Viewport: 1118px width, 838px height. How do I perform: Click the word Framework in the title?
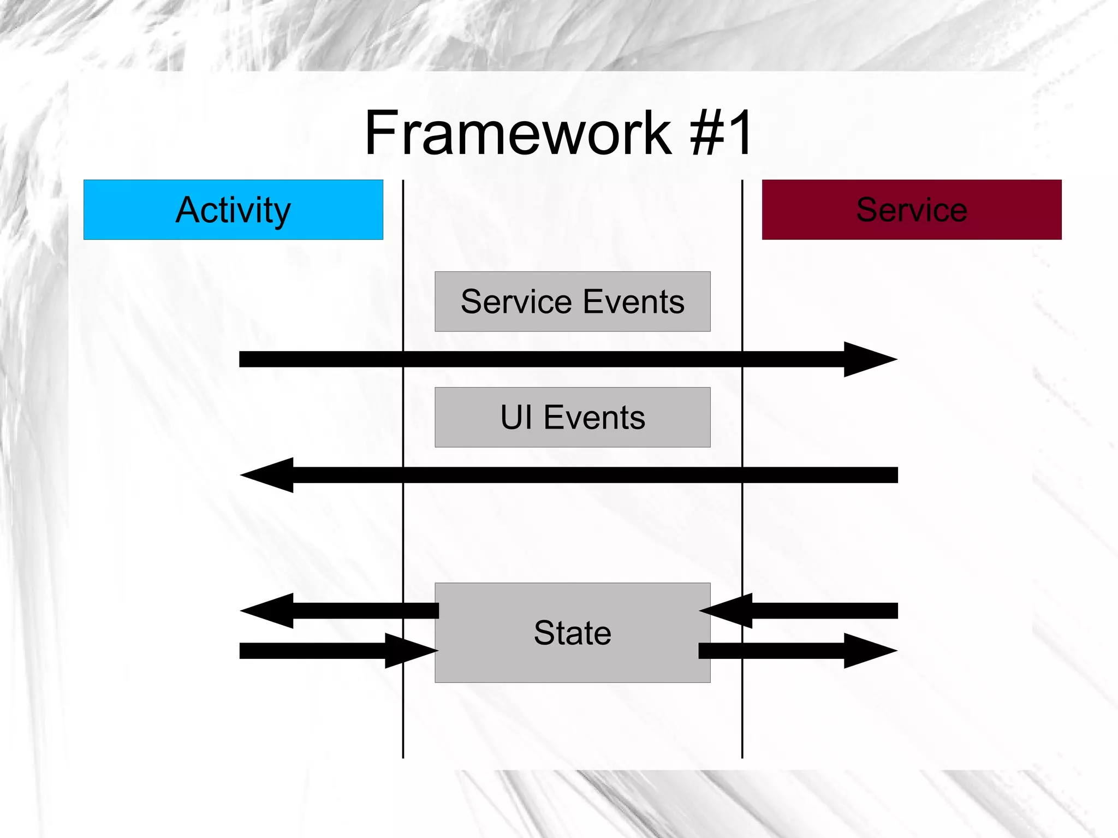tap(518, 133)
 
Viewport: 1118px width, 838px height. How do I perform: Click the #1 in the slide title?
tap(722, 133)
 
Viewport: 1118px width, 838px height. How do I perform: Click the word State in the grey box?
tap(572, 633)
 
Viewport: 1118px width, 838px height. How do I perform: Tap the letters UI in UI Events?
tap(516, 418)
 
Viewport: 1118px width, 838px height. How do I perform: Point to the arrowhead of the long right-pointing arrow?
tap(868, 359)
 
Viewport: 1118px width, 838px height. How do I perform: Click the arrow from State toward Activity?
tap(338, 611)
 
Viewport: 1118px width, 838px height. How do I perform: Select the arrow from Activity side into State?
tap(328, 651)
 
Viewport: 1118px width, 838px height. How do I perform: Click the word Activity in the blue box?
tap(233, 210)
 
